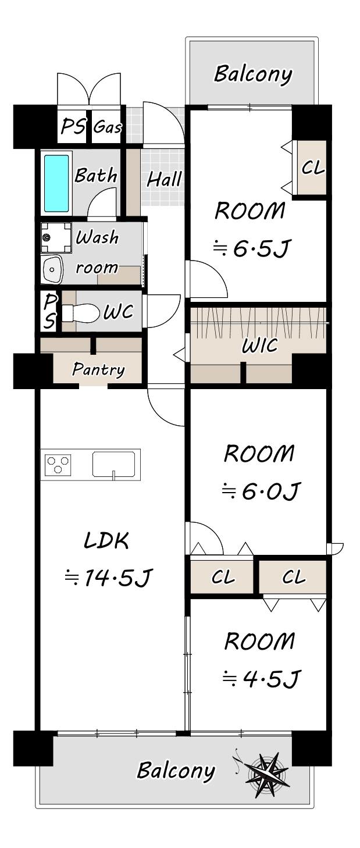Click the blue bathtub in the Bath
pos(56,183)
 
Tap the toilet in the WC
pos(80,313)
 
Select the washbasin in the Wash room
pos(52,269)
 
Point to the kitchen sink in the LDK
pos(114,464)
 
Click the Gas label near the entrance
pos(108,127)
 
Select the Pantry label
pos(98,369)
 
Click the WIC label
pos(260,345)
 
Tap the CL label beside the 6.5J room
pos(313,168)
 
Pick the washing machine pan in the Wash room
pos(56,237)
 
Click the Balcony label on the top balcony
pos(253,74)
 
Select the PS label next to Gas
pos(74,126)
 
